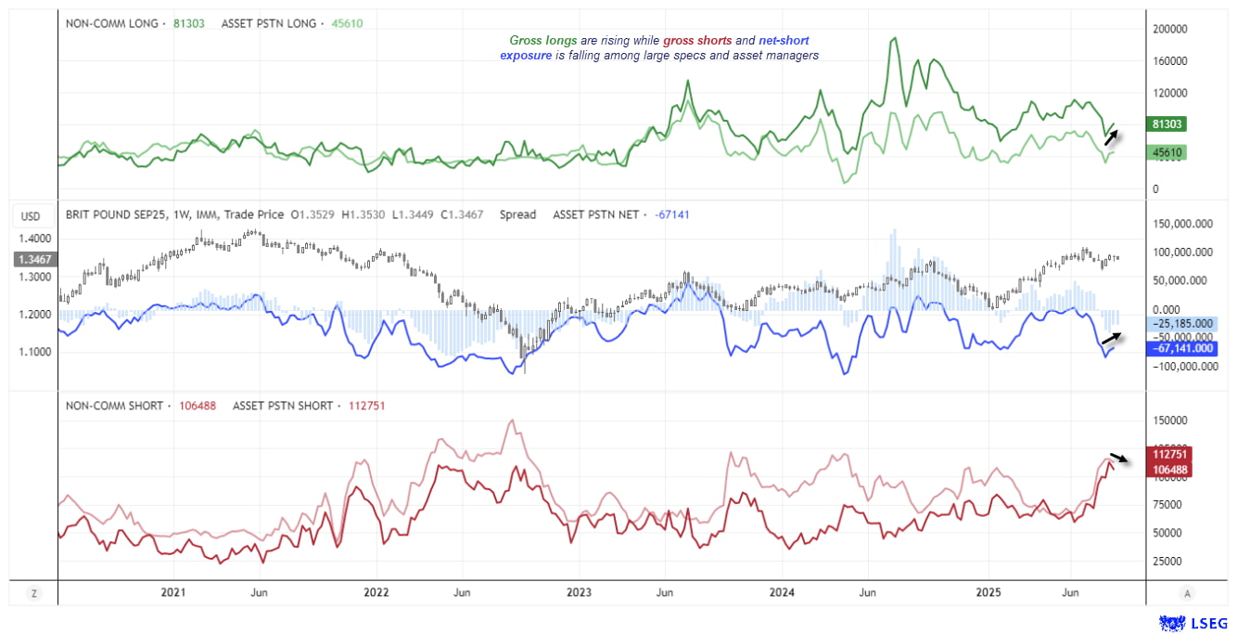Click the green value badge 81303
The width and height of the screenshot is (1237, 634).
pos(1167,123)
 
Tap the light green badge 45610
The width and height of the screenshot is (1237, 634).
pos(1167,152)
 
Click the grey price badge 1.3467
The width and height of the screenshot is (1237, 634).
pos(33,261)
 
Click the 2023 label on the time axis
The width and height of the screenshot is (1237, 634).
pos(579,592)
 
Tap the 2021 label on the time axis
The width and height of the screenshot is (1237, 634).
pos(172,592)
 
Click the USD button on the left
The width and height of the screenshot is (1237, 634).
pos(31,217)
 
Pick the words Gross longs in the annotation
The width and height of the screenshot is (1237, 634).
pos(542,41)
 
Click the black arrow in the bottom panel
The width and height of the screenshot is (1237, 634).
pos(1121,459)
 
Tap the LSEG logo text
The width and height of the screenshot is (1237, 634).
pos(1207,622)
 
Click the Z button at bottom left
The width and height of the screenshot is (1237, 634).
pos(33,592)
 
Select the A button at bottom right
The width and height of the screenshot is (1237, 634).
pos(1187,592)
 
